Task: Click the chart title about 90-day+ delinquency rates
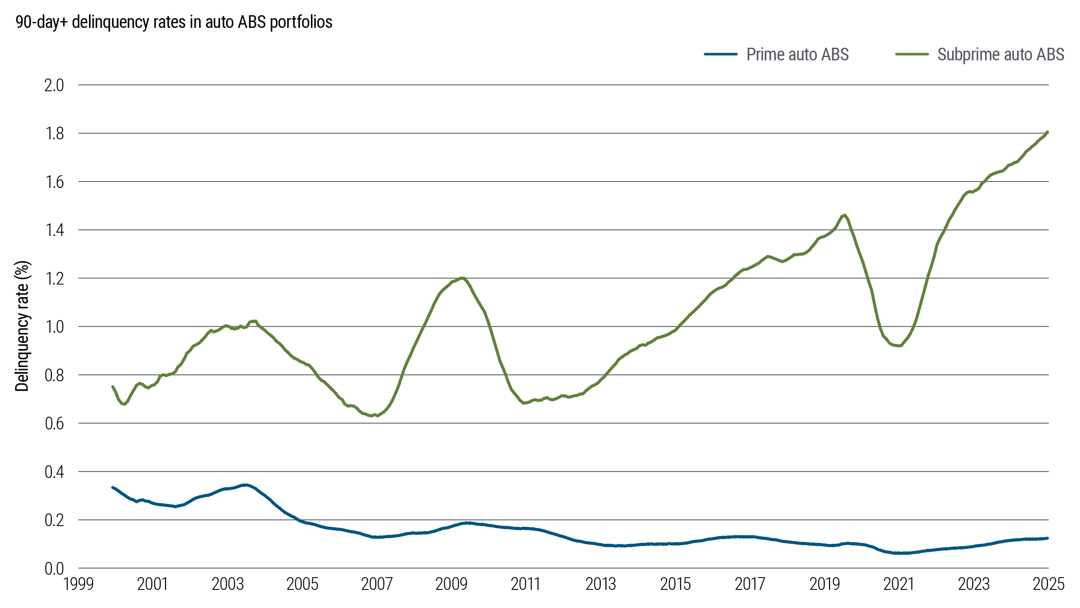click(x=174, y=22)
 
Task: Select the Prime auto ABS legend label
click(x=797, y=54)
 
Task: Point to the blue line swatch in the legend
click(x=721, y=54)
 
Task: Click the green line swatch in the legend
click(x=912, y=54)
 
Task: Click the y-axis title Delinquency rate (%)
click(x=22, y=326)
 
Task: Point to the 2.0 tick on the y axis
click(x=54, y=85)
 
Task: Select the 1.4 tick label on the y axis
click(x=54, y=230)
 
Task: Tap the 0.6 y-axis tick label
click(x=54, y=423)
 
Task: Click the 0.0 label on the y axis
click(x=54, y=569)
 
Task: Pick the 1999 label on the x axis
click(x=78, y=584)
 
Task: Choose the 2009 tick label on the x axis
click(x=451, y=584)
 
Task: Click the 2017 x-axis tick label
click(x=750, y=584)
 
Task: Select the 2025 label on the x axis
click(x=1048, y=584)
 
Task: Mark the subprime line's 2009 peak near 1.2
click(x=462, y=278)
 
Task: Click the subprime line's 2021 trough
click(x=899, y=346)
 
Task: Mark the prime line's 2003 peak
click(x=245, y=485)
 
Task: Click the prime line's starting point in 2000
click(x=112, y=487)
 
